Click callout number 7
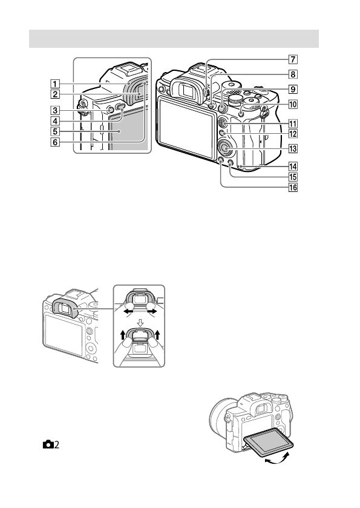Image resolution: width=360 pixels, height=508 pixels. (292, 60)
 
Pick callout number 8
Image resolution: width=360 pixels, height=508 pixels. (292, 75)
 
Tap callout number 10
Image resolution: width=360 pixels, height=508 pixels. (292, 104)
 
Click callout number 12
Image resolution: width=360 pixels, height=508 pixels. (292, 134)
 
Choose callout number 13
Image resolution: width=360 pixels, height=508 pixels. (292, 148)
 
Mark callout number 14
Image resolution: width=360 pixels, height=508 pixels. (292, 167)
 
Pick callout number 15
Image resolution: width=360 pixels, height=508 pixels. (292, 177)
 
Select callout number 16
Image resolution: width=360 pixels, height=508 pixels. (292, 188)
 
